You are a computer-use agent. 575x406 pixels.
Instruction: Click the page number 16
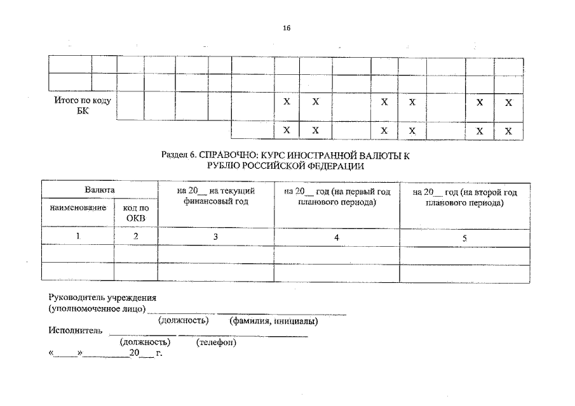click(x=287, y=28)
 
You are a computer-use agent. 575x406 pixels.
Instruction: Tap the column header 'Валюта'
click(x=100, y=190)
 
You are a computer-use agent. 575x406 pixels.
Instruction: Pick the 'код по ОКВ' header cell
click(x=136, y=213)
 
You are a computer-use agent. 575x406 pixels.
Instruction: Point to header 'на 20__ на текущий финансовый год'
click(x=216, y=197)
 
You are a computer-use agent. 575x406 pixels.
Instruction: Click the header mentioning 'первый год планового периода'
click(x=337, y=197)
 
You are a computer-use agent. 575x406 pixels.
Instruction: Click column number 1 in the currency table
click(x=78, y=237)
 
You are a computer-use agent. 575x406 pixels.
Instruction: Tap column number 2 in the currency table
click(x=136, y=237)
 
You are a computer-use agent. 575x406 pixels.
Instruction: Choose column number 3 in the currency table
click(x=216, y=237)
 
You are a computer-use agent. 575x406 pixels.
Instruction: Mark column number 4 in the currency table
click(x=337, y=237)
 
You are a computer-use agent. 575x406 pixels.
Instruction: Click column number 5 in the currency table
click(x=465, y=238)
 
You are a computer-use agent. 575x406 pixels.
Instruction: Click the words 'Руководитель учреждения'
click(x=102, y=298)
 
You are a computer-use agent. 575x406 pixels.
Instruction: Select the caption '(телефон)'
click(x=217, y=343)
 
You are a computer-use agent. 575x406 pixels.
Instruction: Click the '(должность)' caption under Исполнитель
click(x=145, y=343)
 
